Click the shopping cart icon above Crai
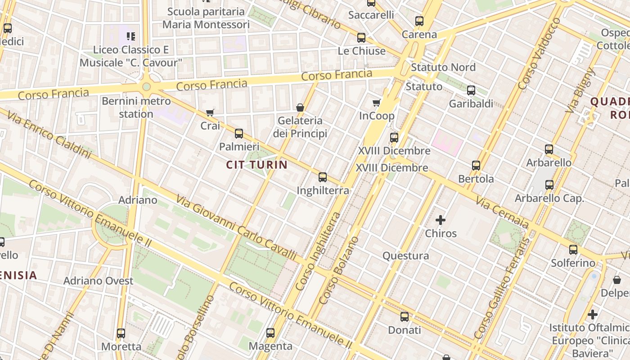point(210,112)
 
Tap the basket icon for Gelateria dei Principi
point(300,108)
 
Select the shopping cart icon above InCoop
point(377,103)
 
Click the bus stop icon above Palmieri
point(239,134)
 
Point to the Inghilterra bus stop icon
point(323,177)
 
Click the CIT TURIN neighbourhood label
point(256,165)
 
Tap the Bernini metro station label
point(136,107)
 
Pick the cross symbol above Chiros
point(441,220)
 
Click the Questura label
point(405,256)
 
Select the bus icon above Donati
point(405,317)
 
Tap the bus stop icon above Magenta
point(270,333)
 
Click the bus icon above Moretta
point(121,333)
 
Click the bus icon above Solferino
point(573,250)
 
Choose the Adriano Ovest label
point(98,281)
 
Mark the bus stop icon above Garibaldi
point(471,90)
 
